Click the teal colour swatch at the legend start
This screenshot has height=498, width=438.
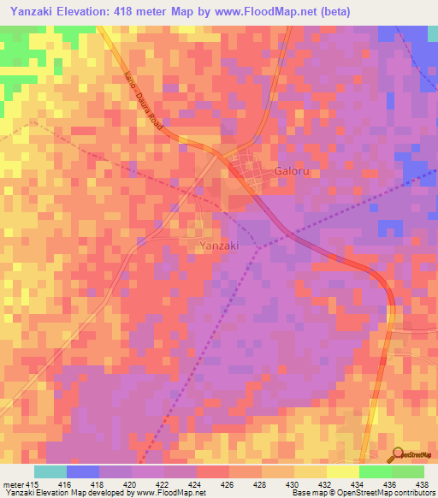tap(50, 471)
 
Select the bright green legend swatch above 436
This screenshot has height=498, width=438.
tap(375, 471)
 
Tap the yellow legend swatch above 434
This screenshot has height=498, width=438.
tap(342, 471)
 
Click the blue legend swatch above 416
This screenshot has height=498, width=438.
tap(82, 471)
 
